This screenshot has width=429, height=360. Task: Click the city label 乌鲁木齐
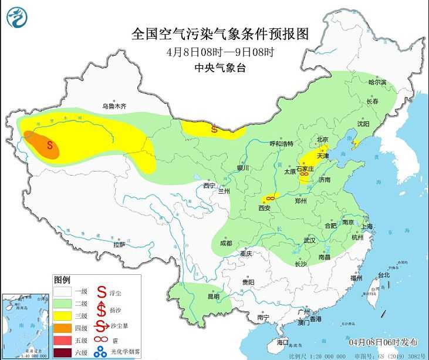[114, 106]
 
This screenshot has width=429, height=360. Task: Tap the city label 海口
[283, 341]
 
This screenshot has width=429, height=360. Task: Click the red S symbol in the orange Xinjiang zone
[50, 144]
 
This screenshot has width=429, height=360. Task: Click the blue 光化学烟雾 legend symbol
[101, 352]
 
